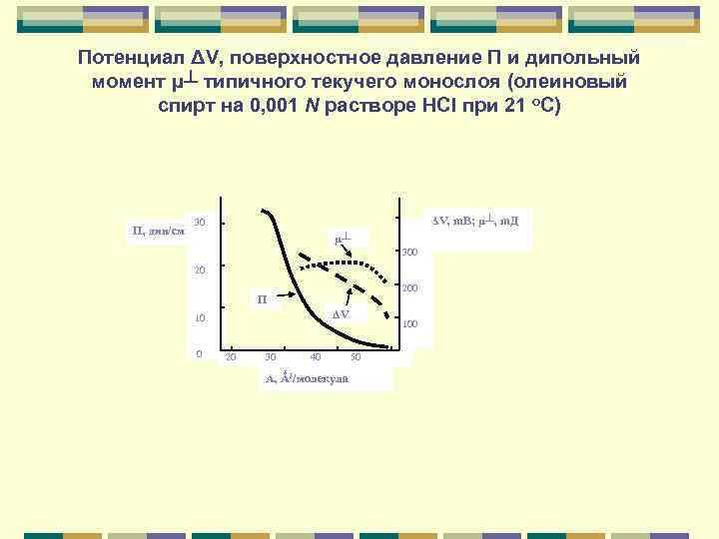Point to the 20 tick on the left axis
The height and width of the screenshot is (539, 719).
click(x=200, y=269)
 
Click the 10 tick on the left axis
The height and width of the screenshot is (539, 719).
click(x=200, y=318)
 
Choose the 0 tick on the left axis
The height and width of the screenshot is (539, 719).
click(x=200, y=353)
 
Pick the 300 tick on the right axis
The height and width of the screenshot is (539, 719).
click(x=409, y=253)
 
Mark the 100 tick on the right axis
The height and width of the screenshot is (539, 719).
click(x=409, y=324)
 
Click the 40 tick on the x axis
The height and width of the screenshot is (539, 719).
click(x=316, y=357)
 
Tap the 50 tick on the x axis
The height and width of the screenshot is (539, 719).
click(x=356, y=357)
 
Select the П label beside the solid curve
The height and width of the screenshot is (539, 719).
click(x=262, y=298)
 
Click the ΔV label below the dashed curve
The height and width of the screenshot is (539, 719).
click(x=342, y=315)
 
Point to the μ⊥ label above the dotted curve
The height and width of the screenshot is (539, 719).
click(x=343, y=239)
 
